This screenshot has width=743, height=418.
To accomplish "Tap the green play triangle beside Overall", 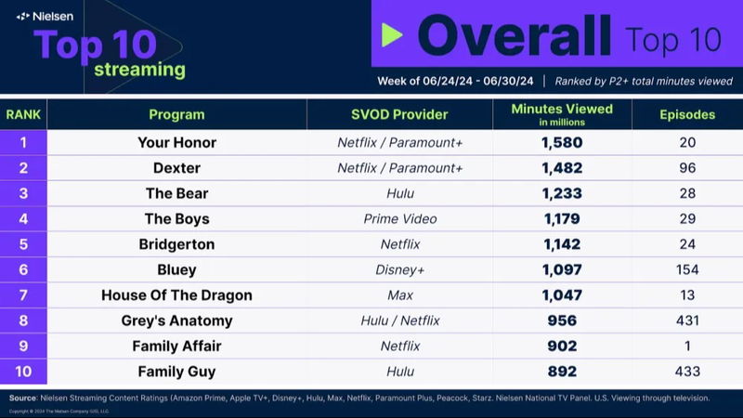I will (393, 35).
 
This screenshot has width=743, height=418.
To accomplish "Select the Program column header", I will (176, 115).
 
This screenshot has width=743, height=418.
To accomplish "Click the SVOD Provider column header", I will (399, 115).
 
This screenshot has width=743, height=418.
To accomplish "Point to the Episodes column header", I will (686, 115).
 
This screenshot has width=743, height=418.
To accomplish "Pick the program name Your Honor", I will (176, 142).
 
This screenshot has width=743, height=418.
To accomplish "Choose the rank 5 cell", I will (23, 244).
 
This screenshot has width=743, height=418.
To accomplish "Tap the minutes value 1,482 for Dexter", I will (562, 168).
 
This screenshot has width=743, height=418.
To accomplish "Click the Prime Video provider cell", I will (399, 219).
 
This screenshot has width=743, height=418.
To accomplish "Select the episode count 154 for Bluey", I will (686, 270).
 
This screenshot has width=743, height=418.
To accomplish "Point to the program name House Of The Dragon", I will (176, 295).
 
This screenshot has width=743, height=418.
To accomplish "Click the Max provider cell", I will (399, 295).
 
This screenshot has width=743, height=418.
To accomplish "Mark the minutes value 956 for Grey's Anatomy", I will (562, 321).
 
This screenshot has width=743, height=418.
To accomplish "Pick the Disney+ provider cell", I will (399, 270).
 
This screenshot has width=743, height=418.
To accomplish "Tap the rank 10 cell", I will (23, 372).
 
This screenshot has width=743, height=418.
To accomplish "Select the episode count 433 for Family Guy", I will (686, 372).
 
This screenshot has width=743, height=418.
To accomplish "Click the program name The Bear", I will (176, 193).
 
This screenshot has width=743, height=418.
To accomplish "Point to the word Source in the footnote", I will (29, 398).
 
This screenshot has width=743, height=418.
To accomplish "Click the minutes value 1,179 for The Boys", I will (562, 219).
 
